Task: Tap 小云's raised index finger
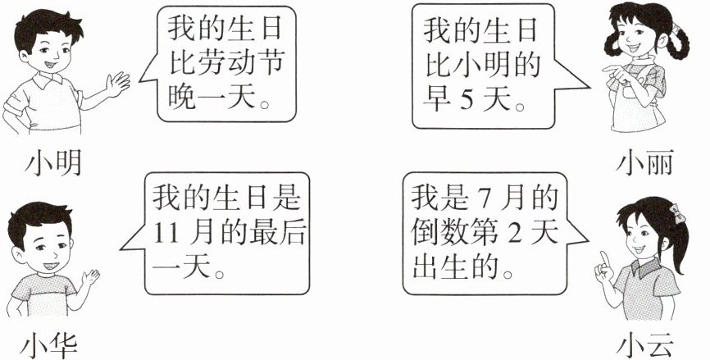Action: coord(601,261)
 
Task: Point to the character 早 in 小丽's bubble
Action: coord(435,101)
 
